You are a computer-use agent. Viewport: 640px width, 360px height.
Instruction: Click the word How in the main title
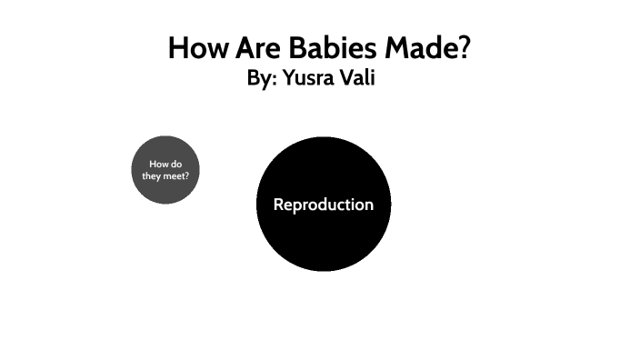tap(195, 48)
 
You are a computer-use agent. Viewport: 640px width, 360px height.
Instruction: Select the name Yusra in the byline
tap(307, 79)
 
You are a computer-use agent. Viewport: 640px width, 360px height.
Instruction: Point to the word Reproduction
tap(323, 205)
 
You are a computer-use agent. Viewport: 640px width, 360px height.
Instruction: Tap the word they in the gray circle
tap(150, 175)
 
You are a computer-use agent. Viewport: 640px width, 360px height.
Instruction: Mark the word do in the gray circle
tap(176, 164)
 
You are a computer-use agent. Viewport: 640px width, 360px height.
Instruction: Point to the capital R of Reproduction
tap(278, 205)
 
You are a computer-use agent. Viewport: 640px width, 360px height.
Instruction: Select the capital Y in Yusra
tap(288, 79)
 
